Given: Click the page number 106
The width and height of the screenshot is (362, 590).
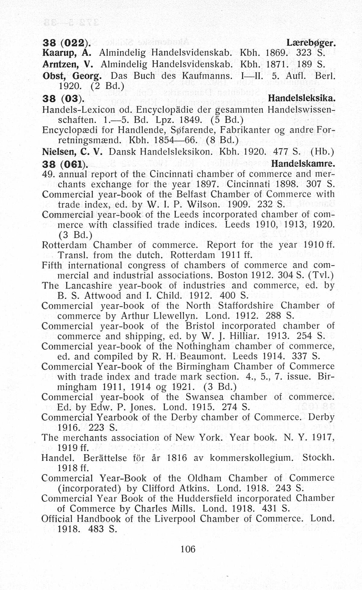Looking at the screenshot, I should [188, 549].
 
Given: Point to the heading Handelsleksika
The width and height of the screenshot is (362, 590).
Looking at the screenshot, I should [301, 98].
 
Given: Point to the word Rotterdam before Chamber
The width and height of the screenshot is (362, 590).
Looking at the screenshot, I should [64, 245].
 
